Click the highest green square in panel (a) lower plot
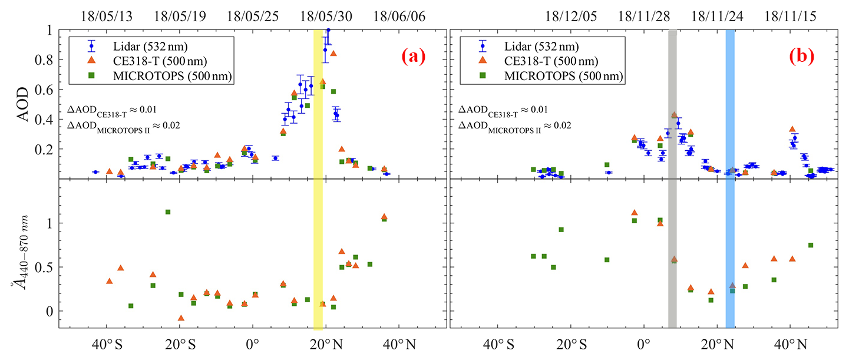coord(168,212)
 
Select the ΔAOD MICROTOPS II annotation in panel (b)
coord(514,125)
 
